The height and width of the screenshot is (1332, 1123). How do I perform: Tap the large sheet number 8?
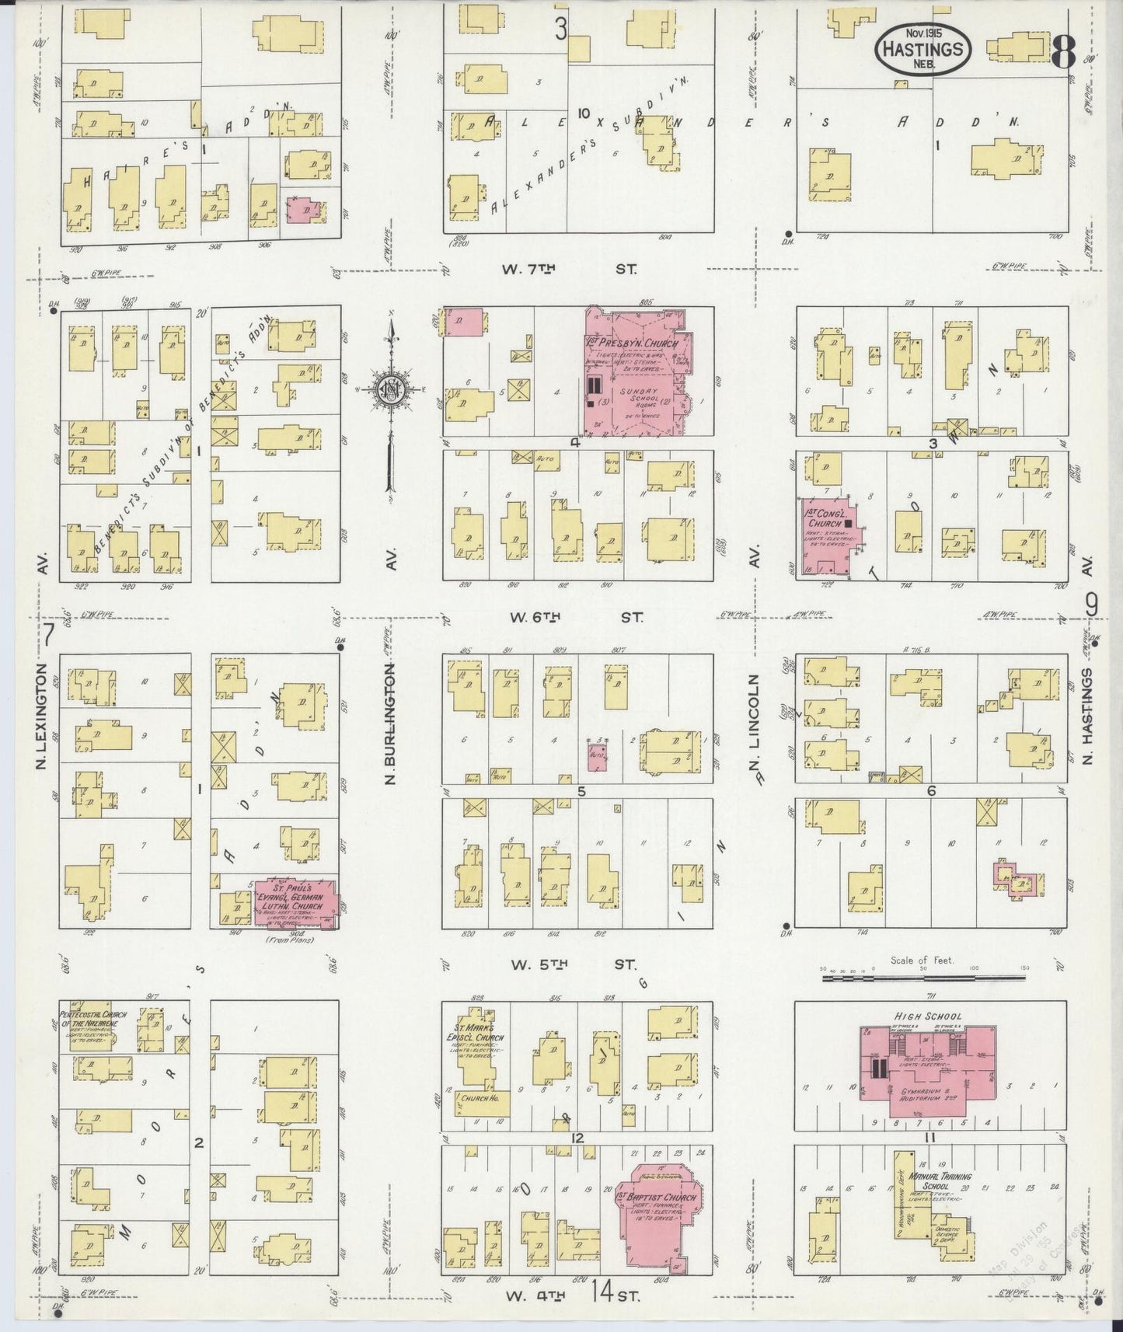(1062, 52)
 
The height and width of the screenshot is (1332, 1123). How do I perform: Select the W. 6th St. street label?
(576, 617)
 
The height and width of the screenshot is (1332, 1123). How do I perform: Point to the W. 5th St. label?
(573, 965)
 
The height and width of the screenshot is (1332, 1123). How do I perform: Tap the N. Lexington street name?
(42, 717)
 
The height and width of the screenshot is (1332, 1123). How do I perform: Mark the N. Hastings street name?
(1088, 715)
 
